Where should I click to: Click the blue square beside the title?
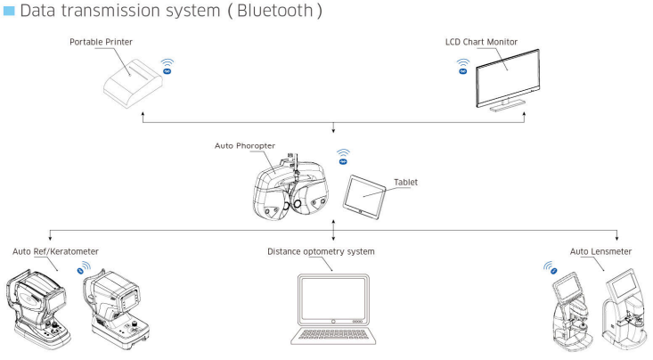click(x=9, y=11)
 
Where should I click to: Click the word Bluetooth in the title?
click(x=275, y=11)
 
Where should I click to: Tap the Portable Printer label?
click(x=101, y=42)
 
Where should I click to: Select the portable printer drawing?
click(x=133, y=84)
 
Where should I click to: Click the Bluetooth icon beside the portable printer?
click(x=167, y=67)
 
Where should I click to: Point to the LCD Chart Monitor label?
click(x=481, y=42)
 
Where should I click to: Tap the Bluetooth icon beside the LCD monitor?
click(x=462, y=67)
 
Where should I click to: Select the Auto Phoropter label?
click(x=245, y=146)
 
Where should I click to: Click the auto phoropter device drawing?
click(x=290, y=187)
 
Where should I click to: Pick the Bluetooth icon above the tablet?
click(x=343, y=157)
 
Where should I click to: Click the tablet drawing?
click(x=364, y=197)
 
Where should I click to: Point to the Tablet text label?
click(x=405, y=182)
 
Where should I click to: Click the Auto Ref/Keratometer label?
click(x=55, y=251)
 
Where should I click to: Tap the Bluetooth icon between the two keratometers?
click(x=84, y=268)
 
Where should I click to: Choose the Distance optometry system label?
click(x=321, y=251)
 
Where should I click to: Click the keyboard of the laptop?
click(x=333, y=334)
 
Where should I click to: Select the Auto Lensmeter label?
click(x=600, y=251)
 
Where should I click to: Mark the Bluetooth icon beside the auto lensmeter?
click(x=551, y=268)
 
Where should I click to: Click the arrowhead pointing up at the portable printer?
click(x=143, y=113)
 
